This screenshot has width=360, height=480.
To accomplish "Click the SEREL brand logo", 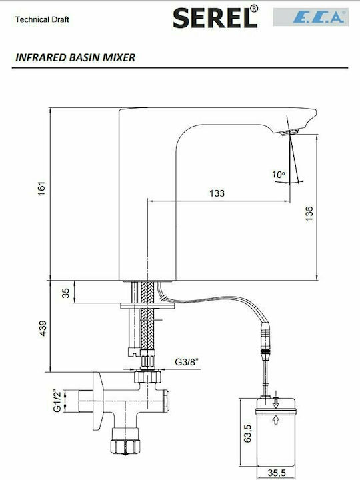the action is pos(215,17).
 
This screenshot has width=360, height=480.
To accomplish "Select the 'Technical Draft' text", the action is pos(42,19).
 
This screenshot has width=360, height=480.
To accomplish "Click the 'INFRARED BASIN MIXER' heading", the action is pos(75,57).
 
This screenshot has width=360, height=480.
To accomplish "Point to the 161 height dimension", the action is pos(41,189).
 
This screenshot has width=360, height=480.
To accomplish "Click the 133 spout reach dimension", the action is pos(217,193).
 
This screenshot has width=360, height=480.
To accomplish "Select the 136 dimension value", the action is pos(309,214).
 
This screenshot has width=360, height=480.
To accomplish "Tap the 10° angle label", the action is pos(279,175).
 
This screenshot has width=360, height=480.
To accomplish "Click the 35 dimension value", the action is pos(66,293).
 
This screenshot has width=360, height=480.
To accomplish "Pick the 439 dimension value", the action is pos(43,328).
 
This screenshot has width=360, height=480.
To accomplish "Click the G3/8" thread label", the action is pos(187,362).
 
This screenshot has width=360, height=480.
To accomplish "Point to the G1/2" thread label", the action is pos(57,401).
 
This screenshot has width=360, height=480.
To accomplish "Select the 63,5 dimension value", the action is pos(247,433).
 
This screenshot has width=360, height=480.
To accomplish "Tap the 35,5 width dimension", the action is pos(277,473).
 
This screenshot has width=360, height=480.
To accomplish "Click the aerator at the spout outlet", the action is pos(289,131).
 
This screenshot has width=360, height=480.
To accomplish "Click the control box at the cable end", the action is pos(275,432).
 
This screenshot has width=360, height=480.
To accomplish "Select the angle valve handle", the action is pos(97,401).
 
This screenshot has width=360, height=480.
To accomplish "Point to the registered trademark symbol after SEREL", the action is pos(254,9).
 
